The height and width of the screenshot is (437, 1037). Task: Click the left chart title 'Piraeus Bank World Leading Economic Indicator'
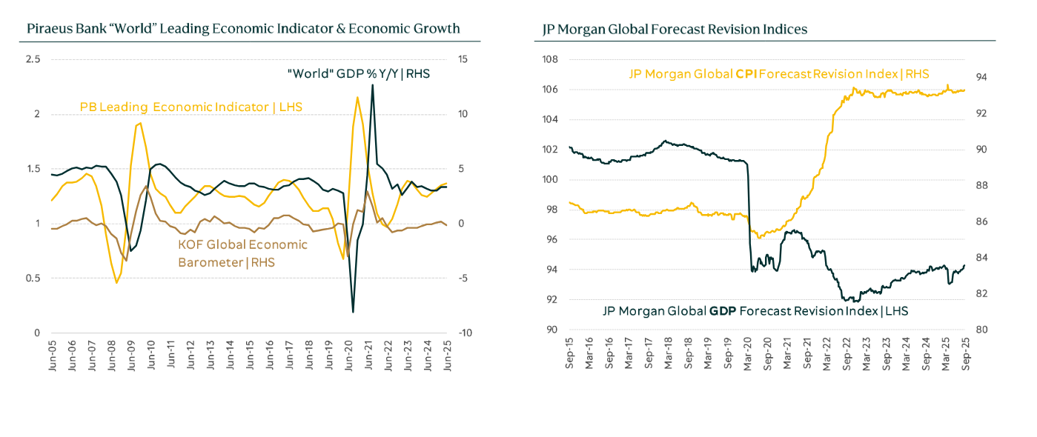[243, 29]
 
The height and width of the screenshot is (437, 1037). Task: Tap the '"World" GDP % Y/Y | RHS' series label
[359, 73]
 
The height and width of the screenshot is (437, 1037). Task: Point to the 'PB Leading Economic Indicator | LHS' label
[191, 107]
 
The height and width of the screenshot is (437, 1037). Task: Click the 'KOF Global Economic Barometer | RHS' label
[242, 253]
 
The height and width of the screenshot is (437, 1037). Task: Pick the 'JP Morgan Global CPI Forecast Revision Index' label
[778, 74]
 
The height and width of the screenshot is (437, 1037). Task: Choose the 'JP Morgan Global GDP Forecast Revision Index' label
[755, 311]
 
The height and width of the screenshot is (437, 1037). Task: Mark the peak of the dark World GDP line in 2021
[372, 84]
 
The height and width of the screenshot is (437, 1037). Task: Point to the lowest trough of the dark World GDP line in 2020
[353, 312]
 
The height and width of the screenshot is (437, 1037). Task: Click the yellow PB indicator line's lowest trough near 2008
[116, 283]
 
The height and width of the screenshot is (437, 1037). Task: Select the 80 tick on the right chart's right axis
[979, 330]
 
